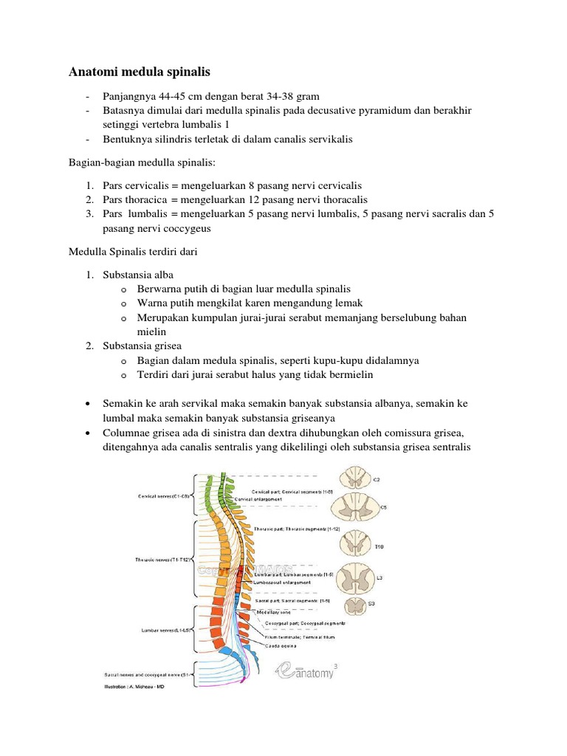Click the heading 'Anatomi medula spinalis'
click(x=140, y=72)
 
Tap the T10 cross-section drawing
click(x=357, y=546)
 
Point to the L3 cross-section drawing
click(x=357, y=577)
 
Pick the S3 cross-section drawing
click(x=356, y=606)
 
